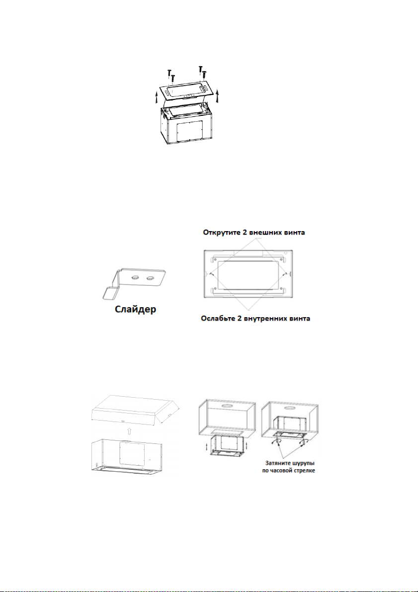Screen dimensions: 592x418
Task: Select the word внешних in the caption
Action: point(263,232)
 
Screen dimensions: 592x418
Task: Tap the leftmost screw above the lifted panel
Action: point(169,74)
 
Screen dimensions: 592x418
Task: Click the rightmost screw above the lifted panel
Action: point(204,75)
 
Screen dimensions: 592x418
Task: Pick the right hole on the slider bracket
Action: point(149,279)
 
